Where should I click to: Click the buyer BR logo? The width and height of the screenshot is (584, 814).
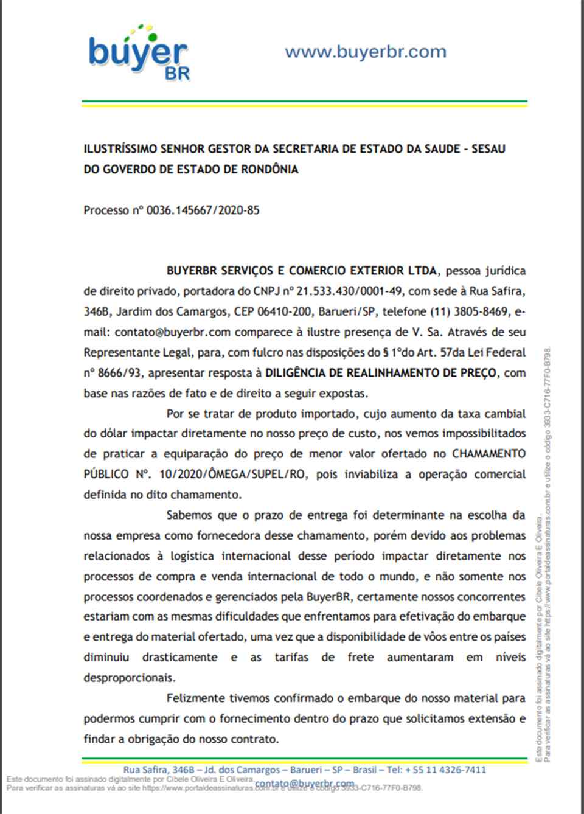[x=139, y=54]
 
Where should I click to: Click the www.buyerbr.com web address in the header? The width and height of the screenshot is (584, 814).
[x=365, y=52]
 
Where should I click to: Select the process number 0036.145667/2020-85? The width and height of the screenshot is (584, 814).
[x=203, y=210]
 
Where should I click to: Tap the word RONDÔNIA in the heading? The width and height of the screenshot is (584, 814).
[x=269, y=170]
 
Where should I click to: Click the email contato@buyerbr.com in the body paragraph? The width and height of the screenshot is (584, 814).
[x=172, y=332]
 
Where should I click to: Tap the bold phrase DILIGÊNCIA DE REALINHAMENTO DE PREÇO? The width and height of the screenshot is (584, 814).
[x=381, y=373]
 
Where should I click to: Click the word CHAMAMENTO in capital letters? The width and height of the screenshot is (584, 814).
[x=488, y=454]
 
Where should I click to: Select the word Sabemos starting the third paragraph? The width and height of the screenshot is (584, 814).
[x=190, y=515]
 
